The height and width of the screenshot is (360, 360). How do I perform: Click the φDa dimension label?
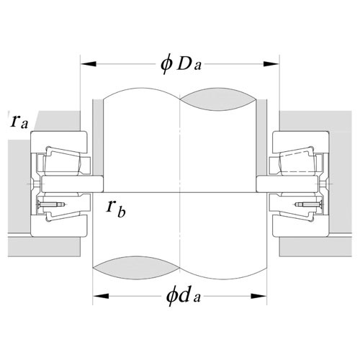pos(181,63)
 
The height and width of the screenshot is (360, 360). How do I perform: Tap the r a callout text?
pos(19,121)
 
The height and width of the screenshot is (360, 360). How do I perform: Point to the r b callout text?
pos(116,208)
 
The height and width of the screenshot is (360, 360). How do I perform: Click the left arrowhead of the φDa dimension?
pos(89,64)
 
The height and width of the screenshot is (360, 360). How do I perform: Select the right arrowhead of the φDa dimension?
pos(271,64)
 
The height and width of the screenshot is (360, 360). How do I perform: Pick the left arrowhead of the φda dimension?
pos(101,296)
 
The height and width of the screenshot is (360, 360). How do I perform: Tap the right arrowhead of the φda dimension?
pos(258,296)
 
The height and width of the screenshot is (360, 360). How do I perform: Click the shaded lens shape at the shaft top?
pos(218,99)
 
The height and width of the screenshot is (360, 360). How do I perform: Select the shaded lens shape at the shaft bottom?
pos(136,267)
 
